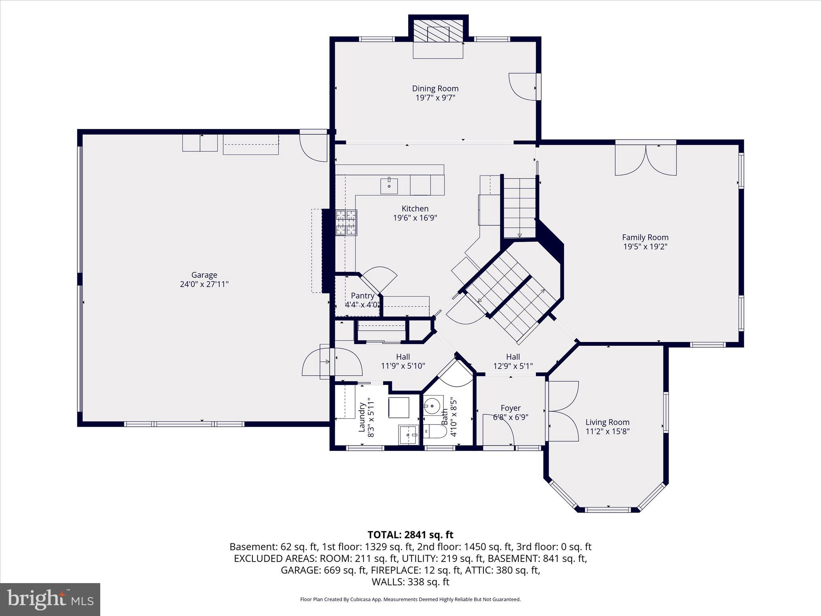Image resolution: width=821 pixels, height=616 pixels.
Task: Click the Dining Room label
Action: click(x=435, y=88)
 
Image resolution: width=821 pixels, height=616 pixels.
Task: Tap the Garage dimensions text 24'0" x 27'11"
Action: click(x=204, y=284)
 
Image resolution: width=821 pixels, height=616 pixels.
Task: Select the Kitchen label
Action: click(x=415, y=209)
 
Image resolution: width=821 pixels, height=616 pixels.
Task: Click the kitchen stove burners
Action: click(x=346, y=223)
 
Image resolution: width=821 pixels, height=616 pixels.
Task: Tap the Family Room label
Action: click(x=645, y=237)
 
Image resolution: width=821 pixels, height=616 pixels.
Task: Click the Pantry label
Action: click(x=362, y=296)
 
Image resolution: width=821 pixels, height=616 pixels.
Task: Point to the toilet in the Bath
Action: click(x=435, y=432)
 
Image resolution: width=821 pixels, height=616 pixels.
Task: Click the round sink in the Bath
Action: click(x=433, y=406)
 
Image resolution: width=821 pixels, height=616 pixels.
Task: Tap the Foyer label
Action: click(x=510, y=408)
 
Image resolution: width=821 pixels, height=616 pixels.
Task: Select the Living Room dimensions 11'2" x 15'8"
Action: click(x=607, y=432)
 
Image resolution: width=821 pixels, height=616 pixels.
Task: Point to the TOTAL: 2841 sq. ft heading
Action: click(x=410, y=535)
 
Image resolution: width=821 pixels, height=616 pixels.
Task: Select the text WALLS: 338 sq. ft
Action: click(x=410, y=582)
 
